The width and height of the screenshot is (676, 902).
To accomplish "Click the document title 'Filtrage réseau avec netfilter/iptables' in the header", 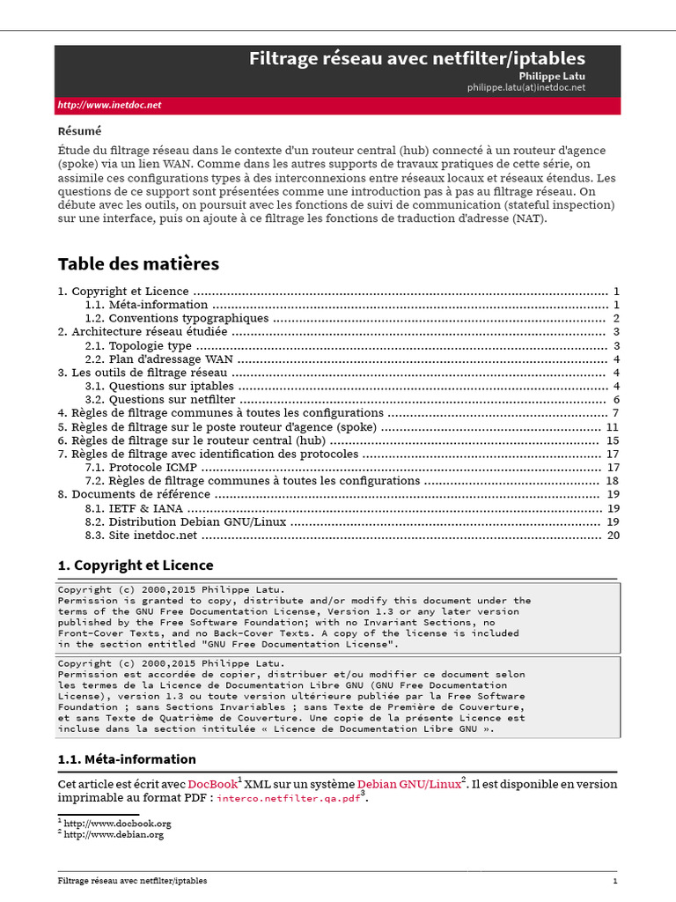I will click(416, 59).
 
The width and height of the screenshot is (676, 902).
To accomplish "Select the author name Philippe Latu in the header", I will click(551, 77).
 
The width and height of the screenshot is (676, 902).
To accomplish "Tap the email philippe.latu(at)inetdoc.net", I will click(525, 87).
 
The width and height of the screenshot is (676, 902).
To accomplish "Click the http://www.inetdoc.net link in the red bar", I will click(109, 105).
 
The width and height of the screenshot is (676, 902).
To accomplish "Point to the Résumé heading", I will click(79, 131).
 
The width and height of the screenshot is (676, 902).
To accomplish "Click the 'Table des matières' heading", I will click(138, 264).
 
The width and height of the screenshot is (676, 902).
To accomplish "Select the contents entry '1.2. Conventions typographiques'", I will click(177, 318).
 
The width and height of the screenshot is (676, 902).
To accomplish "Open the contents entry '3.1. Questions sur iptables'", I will click(159, 386).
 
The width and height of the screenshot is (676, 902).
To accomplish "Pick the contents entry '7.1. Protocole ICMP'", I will click(141, 467).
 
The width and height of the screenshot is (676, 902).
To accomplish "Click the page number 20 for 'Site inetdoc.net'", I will click(614, 535).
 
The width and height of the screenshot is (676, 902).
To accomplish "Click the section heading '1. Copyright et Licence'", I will click(135, 566).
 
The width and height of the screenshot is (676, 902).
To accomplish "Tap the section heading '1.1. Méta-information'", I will click(127, 759).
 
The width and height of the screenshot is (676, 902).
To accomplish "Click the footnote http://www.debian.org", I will click(114, 834).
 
